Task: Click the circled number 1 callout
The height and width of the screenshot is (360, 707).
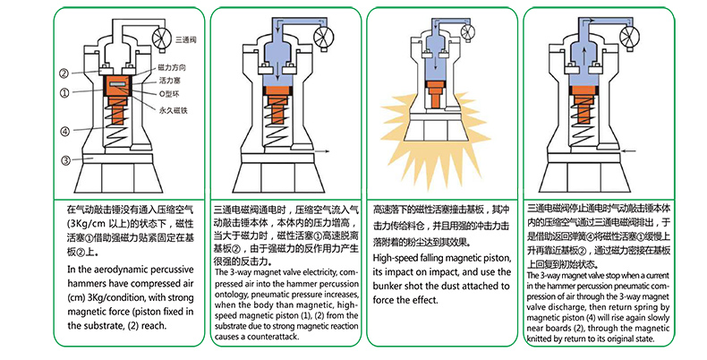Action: [x=65, y=93]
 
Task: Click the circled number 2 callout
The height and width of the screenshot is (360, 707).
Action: [x=64, y=73]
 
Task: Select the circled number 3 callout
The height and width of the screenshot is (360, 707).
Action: [x=66, y=159]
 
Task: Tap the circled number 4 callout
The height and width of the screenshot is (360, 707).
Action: [x=65, y=132]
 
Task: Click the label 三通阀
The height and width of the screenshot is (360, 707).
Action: [x=186, y=40]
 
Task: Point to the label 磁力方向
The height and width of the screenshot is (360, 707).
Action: [x=172, y=68]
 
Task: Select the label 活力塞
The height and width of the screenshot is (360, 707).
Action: [x=169, y=81]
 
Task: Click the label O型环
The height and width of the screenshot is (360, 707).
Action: [x=169, y=94]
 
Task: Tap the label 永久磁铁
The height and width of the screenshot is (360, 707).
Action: [x=173, y=110]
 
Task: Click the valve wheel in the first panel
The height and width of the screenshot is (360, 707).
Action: [x=163, y=39]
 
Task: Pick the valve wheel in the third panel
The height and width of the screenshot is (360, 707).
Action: [x=467, y=31]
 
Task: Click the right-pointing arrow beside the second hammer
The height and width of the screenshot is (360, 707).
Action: [x=324, y=152]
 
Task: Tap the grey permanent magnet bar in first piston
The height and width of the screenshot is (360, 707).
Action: [x=117, y=84]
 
